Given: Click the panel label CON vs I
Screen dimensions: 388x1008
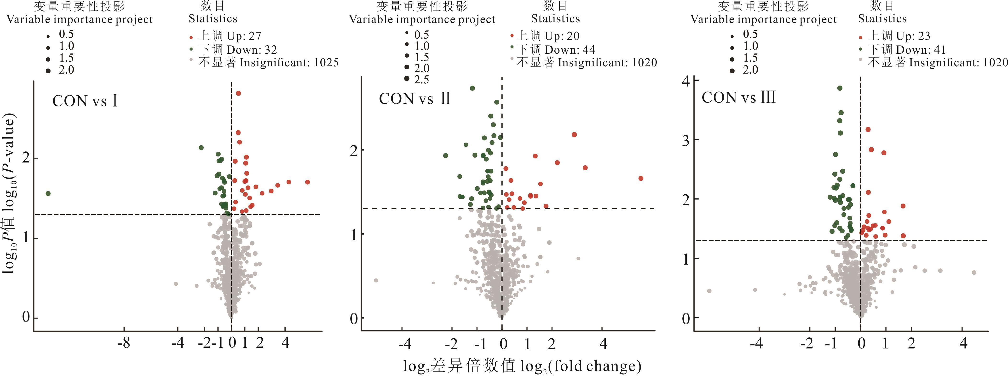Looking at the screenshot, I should [85, 101].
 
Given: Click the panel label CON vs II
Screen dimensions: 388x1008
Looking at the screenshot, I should [415, 98].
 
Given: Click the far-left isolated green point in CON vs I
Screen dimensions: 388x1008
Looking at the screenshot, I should [48, 193].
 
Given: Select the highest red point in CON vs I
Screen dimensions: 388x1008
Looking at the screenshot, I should [238, 93].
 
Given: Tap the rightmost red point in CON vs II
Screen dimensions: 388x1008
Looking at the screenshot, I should [640, 179].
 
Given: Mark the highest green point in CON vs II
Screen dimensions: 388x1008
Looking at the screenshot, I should [472, 88].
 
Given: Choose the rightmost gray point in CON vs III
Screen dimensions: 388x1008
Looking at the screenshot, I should [974, 272].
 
